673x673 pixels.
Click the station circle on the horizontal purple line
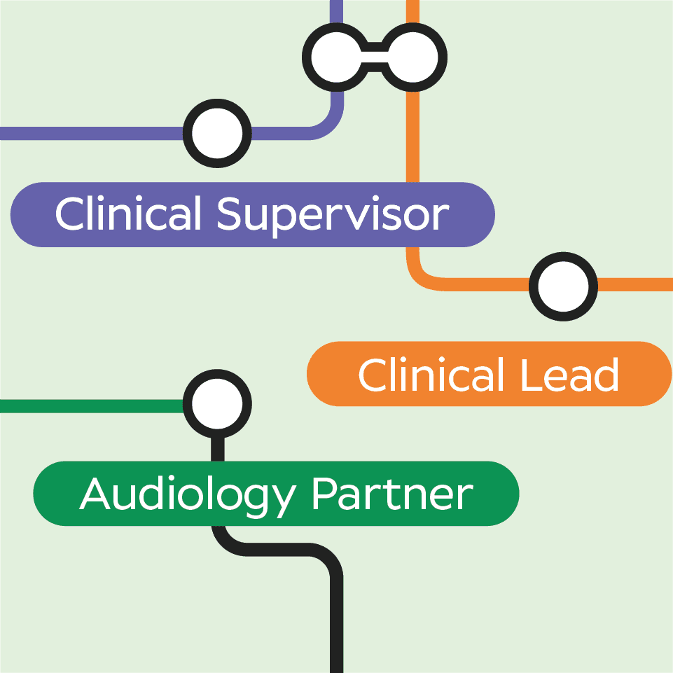(217, 133)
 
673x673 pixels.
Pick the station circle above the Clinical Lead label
(563, 286)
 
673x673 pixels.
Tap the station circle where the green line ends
(217, 404)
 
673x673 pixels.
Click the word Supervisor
(333, 214)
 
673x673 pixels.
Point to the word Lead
(569, 375)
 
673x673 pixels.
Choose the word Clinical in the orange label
(432, 375)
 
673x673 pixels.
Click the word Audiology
(188, 494)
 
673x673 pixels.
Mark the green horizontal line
(91, 406)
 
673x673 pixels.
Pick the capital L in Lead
(529, 375)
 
